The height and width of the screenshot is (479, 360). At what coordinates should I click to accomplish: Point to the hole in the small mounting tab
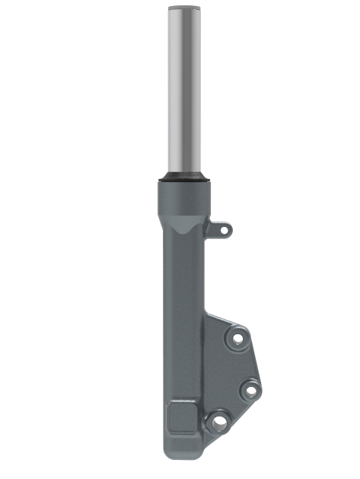coord(223,228)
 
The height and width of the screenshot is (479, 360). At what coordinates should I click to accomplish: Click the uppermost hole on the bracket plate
coord(238,337)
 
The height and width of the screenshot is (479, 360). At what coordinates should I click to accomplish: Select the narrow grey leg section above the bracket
coord(183,282)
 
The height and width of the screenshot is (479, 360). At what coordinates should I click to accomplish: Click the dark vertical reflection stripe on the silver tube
coord(171,91)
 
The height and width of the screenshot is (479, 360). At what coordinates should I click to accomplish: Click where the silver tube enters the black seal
coord(183,174)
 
